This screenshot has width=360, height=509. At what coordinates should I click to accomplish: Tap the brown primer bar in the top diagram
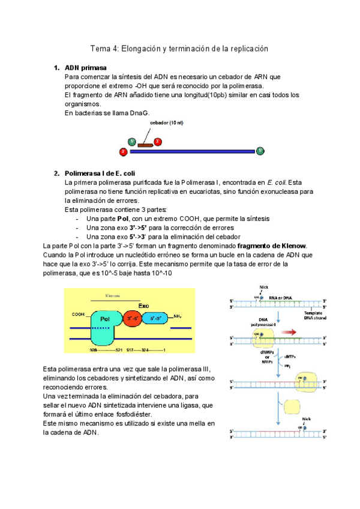click(x=145, y=145)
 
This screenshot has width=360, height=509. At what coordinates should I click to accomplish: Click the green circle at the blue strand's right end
click(x=260, y=151)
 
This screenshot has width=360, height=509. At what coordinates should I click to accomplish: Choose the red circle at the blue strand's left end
click(x=123, y=152)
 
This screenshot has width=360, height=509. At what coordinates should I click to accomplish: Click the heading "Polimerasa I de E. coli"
click(x=100, y=173)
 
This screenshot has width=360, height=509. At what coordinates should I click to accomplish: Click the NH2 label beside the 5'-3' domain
click(x=178, y=316)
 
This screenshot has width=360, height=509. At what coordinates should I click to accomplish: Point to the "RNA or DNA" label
click(x=281, y=297)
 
